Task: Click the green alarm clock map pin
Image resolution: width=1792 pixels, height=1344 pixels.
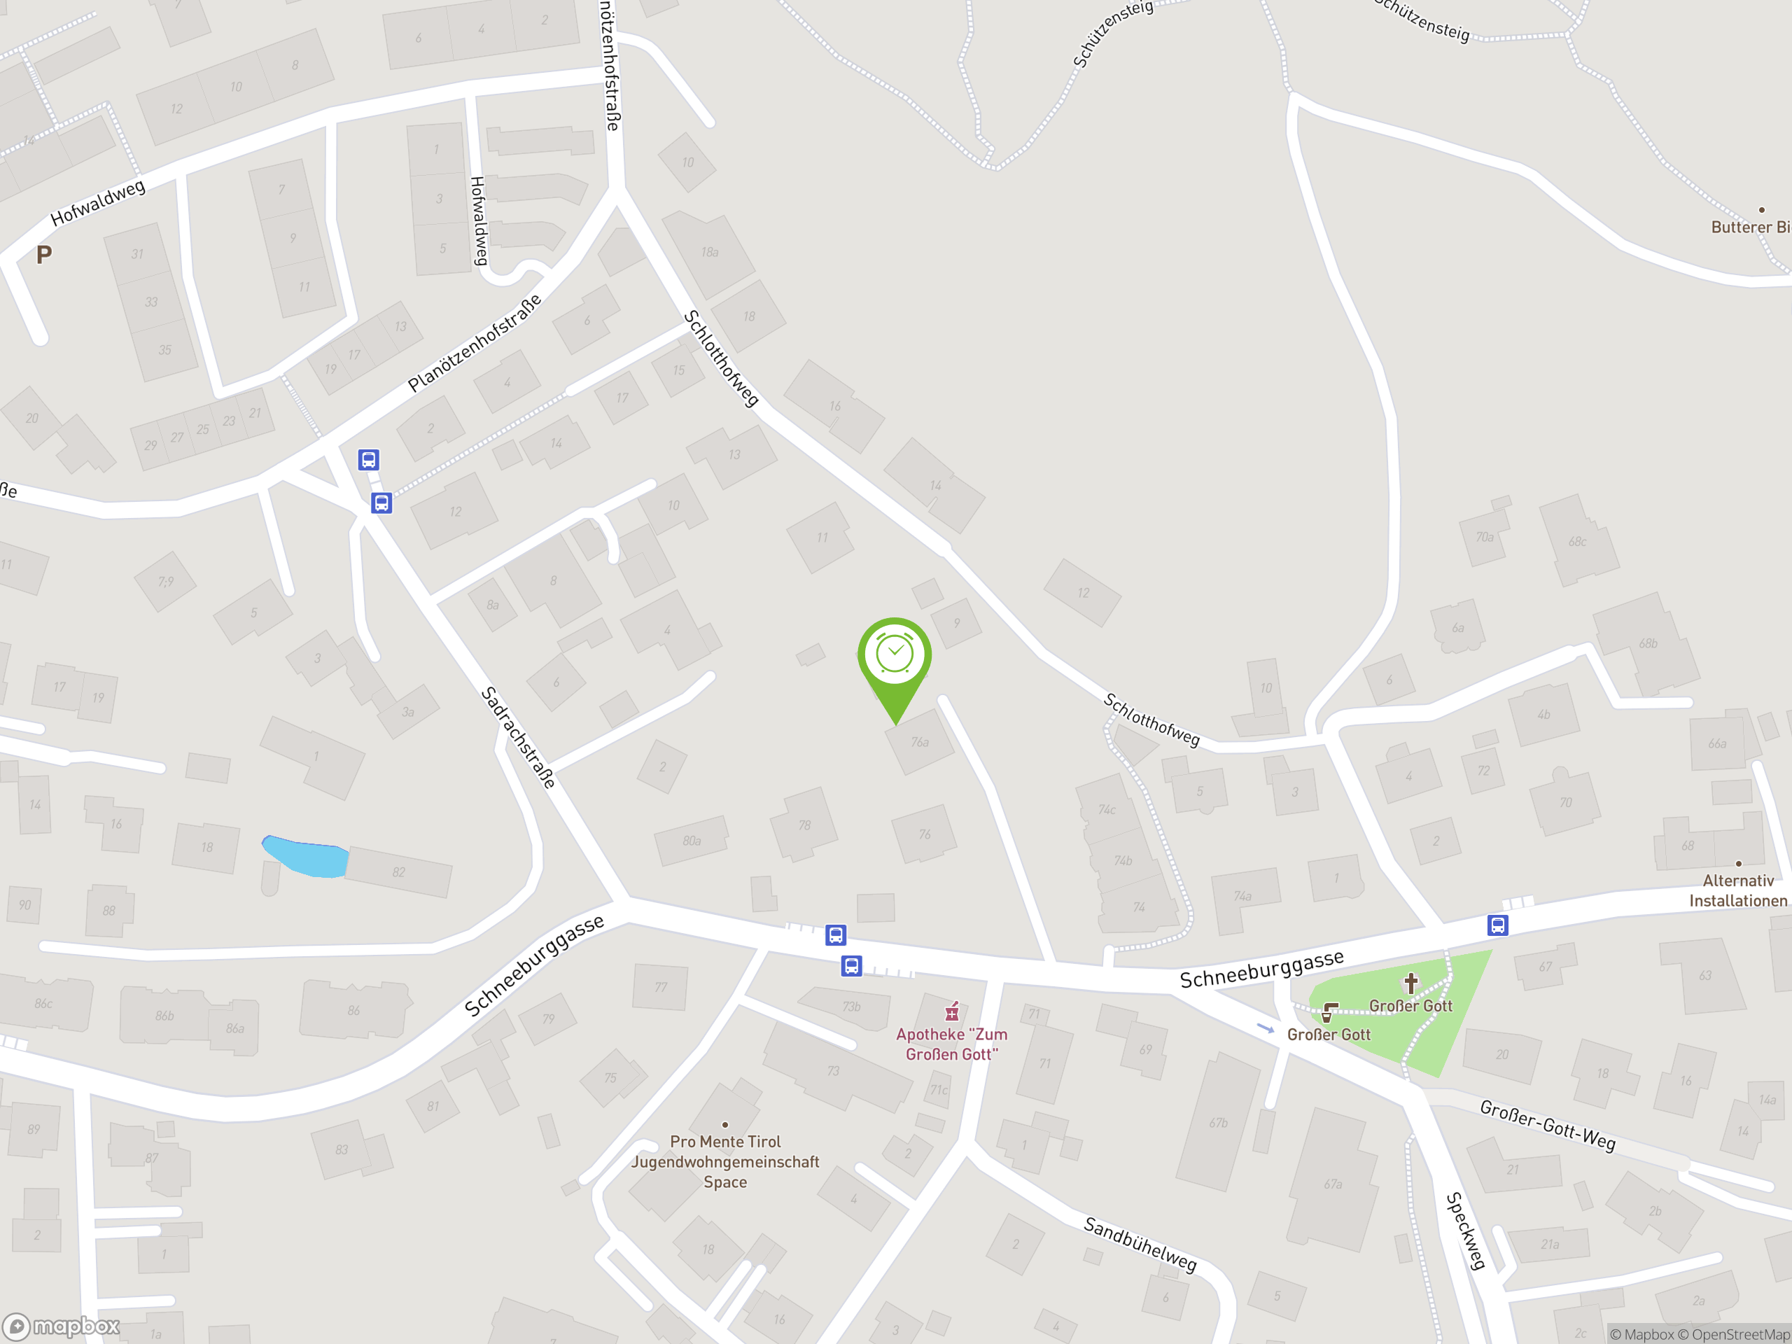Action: [895, 655]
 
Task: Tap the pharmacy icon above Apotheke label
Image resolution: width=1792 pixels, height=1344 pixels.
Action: [952, 1011]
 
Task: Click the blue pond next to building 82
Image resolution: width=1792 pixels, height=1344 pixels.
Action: [304, 856]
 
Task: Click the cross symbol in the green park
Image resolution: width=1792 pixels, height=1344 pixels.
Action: [1410, 983]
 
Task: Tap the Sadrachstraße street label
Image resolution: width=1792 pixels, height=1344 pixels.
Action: [519, 737]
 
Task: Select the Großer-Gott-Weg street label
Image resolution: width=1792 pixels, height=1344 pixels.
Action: [1547, 1126]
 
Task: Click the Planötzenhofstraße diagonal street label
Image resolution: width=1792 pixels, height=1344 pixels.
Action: [474, 344]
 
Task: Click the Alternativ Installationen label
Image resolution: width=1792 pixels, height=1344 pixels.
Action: [1737, 890]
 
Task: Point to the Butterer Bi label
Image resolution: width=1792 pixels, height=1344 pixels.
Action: [1750, 227]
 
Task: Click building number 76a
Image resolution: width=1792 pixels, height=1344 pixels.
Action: [920, 742]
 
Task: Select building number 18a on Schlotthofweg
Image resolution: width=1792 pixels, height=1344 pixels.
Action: [710, 253]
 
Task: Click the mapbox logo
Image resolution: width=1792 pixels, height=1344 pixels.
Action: [62, 1326]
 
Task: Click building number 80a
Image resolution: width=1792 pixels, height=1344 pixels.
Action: [691, 841]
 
